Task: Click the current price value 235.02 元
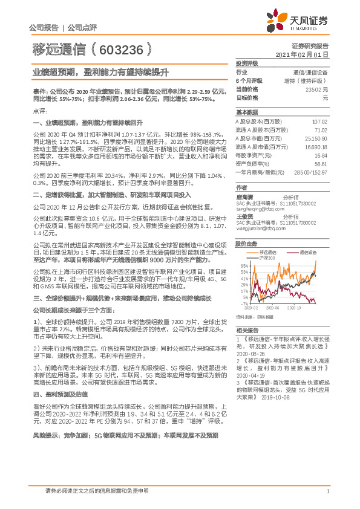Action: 315,89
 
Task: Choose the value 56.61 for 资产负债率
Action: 320,163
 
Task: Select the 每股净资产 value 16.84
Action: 319,155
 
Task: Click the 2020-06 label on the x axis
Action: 273,308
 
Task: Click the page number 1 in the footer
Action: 327,491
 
